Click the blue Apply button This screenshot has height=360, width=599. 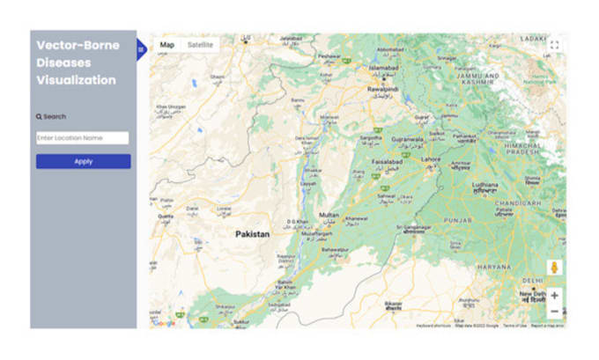[x=83, y=161]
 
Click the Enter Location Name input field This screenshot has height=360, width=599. [x=83, y=138]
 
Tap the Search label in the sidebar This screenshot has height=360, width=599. [x=51, y=116]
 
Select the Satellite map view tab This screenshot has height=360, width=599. [x=200, y=44]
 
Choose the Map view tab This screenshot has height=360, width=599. [x=166, y=44]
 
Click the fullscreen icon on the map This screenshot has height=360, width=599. [x=554, y=45]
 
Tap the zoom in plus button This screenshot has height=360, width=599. [x=554, y=296]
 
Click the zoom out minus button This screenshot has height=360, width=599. [x=554, y=312]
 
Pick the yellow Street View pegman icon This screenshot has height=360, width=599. [x=554, y=267]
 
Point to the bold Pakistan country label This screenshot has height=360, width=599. [x=252, y=234]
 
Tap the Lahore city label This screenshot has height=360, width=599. [x=432, y=159]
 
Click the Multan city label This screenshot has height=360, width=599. [x=329, y=215]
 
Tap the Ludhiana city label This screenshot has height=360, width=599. [x=484, y=185]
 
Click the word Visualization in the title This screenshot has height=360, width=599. [x=76, y=80]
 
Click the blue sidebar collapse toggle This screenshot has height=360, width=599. [x=140, y=50]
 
